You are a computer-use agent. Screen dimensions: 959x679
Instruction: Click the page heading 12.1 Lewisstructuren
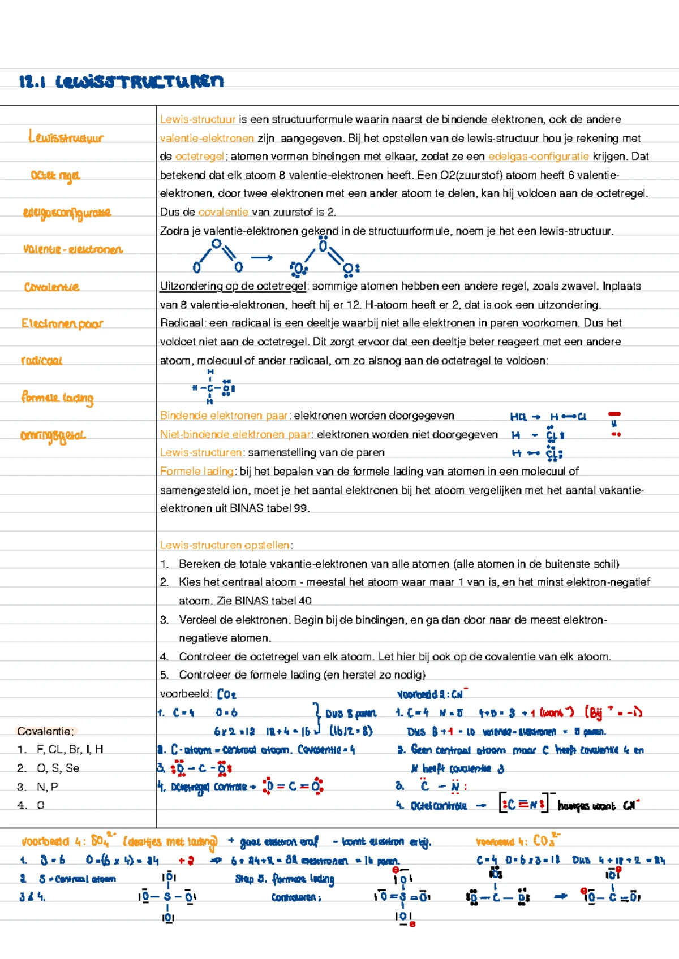pyautogui.click(x=121, y=82)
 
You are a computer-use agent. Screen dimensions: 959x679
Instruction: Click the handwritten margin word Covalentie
pyautogui.click(x=51, y=287)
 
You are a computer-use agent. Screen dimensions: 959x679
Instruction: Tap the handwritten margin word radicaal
pyautogui.click(x=41, y=361)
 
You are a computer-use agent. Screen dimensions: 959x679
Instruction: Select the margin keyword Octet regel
pyautogui.click(x=55, y=176)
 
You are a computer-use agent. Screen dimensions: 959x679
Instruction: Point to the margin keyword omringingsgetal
pyautogui.click(x=53, y=435)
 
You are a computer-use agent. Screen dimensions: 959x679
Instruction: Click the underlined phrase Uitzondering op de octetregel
pyautogui.click(x=233, y=286)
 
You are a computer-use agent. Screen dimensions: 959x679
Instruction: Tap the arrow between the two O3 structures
pyautogui.click(x=261, y=258)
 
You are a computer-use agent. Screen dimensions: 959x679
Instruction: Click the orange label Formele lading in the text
pyautogui.click(x=196, y=472)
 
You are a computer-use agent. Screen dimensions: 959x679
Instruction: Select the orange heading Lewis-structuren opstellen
pyautogui.click(x=225, y=546)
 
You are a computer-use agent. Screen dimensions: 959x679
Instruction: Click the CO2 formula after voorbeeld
pyautogui.click(x=226, y=694)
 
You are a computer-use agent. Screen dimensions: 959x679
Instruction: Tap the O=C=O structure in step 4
pyautogui.click(x=293, y=787)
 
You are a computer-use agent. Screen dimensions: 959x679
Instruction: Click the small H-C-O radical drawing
pyautogui.click(x=213, y=388)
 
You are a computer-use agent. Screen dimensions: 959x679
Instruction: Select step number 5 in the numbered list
pyautogui.click(x=164, y=675)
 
